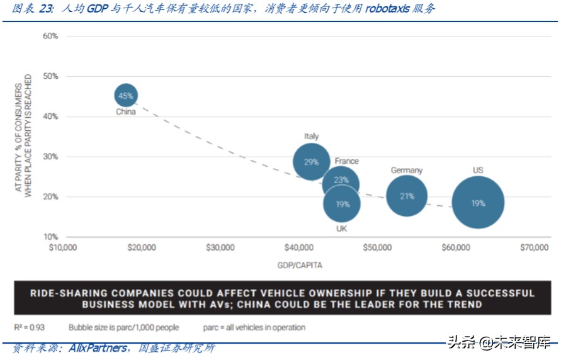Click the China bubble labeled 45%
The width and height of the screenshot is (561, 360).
pos(126,96)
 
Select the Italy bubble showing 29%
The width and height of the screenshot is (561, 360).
pos(311,162)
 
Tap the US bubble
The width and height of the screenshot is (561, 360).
pos(478,203)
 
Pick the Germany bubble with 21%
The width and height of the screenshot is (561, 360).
pos(407,196)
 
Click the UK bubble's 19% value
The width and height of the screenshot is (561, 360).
pos(343,204)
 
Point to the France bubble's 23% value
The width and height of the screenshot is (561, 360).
pos(341,179)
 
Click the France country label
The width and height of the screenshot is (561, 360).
pos(347,161)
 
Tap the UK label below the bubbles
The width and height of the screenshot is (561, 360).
pos(342,228)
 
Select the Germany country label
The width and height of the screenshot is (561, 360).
pos(407,170)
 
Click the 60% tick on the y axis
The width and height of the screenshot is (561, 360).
pos(50,36)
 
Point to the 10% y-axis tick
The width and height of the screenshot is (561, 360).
pos(50,237)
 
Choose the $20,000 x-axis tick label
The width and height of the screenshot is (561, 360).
pos(141,247)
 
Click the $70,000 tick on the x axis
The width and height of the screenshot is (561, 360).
pos(534,247)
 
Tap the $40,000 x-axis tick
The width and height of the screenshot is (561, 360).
pos(298,247)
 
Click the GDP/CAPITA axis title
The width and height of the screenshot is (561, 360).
pos(300,265)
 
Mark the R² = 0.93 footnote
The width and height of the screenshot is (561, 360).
pos(30,327)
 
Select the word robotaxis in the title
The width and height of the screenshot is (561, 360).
pos(387,8)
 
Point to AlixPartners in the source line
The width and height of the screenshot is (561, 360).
pos(98,348)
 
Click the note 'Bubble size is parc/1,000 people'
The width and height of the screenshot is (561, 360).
pos(124,327)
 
